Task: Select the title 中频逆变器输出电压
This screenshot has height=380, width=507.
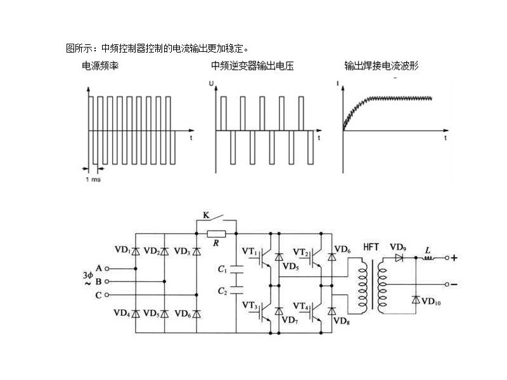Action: click(x=252, y=66)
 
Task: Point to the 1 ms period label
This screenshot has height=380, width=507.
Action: click(x=93, y=179)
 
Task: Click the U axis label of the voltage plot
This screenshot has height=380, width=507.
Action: click(x=211, y=83)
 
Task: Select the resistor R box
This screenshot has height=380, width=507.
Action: click(x=216, y=234)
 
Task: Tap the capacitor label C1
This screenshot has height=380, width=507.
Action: click(x=222, y=269)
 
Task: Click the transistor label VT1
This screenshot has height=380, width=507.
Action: click(x=250, y=253)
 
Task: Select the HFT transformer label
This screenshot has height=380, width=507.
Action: click(x=371, y=247)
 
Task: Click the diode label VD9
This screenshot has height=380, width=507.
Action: click(x=398, y=247)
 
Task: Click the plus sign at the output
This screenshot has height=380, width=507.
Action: click(x=454, y=258)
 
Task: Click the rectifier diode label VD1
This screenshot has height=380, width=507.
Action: click(x=122, y=250)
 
